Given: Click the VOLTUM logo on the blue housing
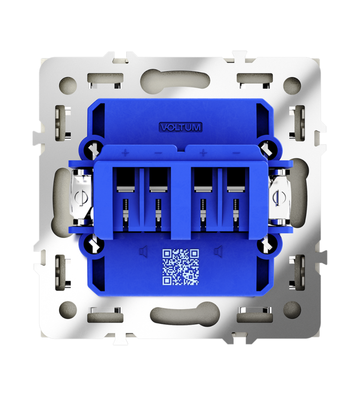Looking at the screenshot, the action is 180,127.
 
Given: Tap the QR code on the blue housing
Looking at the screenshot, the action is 180,267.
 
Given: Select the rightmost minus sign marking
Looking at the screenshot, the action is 236,153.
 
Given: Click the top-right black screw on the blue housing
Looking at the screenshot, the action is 266,149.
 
